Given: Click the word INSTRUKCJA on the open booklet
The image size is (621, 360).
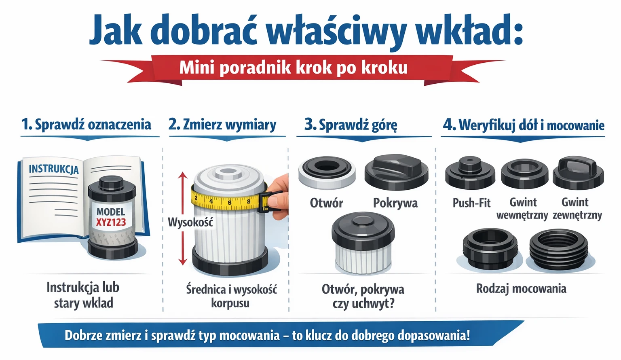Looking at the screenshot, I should pos(53,169).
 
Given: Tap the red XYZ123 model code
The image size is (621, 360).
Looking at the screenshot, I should pos(111,222).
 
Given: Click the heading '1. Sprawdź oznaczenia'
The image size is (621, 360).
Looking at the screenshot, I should pos(86,125).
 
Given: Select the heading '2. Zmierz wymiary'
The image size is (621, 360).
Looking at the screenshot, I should pos(222,125).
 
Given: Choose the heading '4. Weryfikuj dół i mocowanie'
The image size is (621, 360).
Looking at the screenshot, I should pos(524,125).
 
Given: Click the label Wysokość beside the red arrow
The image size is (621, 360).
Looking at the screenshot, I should pos(190,222).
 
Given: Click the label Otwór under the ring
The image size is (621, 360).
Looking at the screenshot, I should pos(326,203).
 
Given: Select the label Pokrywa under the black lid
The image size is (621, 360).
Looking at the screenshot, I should pos(395,203).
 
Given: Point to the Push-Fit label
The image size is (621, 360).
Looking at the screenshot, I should pos(471,203).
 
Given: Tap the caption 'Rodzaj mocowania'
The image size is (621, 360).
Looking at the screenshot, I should pos(521,288).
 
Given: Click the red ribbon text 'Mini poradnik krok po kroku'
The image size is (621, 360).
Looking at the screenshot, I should pos(293,68).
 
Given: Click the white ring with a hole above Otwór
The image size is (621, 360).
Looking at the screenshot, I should pos(327,172).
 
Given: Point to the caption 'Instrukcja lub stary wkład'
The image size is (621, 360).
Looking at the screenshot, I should pos(83,295).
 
